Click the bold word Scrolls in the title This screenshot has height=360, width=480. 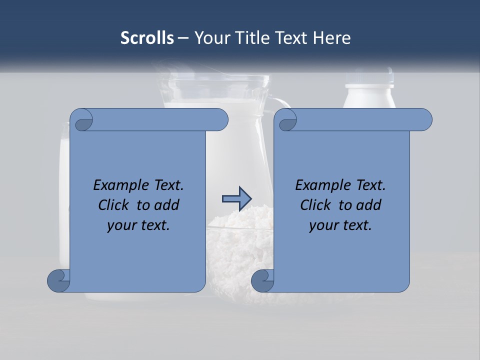coord(147,38)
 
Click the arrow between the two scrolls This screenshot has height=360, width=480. coord(236,199)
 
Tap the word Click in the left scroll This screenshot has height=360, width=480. coord(113,205)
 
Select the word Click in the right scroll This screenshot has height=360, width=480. coord(315,205)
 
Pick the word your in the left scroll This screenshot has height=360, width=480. coord(121,225)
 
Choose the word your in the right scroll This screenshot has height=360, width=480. coord(323,225)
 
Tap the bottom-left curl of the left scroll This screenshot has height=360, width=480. coord(59,280)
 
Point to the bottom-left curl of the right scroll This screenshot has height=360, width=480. coord(262,280)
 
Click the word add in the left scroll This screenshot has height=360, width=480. coord(166,205)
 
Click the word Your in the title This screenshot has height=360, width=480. coord(209,38)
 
